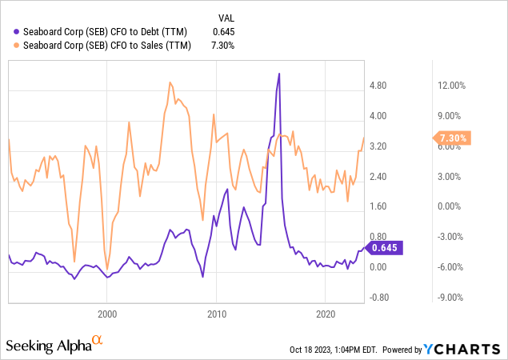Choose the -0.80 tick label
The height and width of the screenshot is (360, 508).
click(379, 297)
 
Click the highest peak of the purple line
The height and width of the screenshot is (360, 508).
click(278, 74)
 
